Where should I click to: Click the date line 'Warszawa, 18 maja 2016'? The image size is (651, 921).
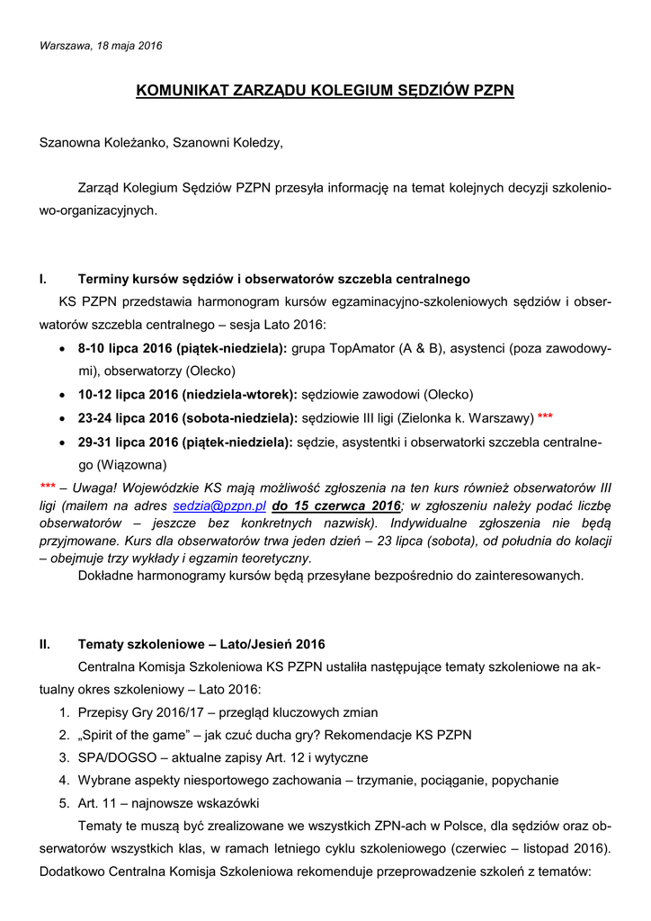[x=101, y=46]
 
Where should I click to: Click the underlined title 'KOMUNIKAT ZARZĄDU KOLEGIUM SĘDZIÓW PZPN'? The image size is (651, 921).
[x=325, y=91]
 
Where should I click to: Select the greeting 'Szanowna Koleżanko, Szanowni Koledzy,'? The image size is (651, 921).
[x=161, y=143]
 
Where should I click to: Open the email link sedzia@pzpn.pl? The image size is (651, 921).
[x=218, y=506]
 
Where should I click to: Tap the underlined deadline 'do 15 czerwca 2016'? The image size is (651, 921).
[x=336, y=506]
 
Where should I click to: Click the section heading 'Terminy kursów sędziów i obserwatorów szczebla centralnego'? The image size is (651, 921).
[x=273, y=280]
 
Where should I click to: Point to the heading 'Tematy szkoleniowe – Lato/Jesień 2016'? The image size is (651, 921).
[x=201, y=645]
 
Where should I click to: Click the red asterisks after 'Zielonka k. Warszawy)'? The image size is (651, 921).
[x=545, y=418]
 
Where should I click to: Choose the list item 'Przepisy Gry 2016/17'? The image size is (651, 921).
[x=148, y=711]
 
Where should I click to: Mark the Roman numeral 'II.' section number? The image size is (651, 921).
[x=46, y=645]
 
